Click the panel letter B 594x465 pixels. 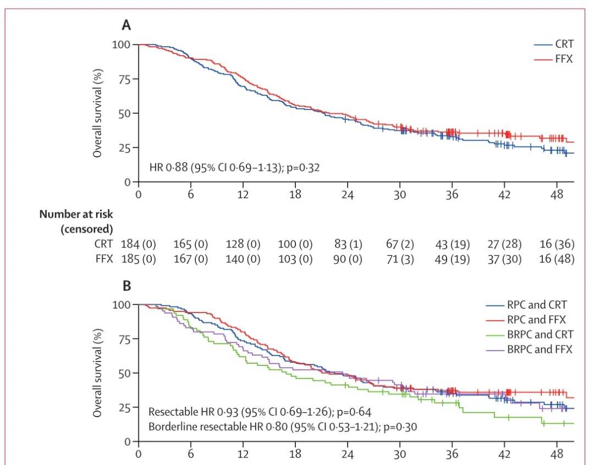point(127,286)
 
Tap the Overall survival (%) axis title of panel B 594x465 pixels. point(97,364)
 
